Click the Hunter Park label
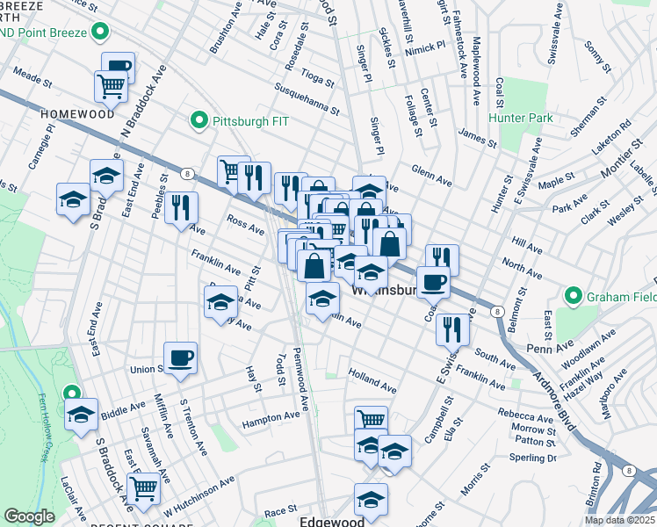coord(524,118)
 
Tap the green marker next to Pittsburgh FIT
coord(199,120)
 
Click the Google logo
coord(29,516)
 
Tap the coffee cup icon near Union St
coord(180,357)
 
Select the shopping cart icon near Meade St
coord(112,85)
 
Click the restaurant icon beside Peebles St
coord(181,208)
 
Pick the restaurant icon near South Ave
coord(452,329)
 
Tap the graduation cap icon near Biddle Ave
coord(81,414)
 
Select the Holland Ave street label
coord(372,379)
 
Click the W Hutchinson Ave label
coord(199,495)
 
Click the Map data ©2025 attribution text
coord(620,520)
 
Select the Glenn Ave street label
coord(431,176)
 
